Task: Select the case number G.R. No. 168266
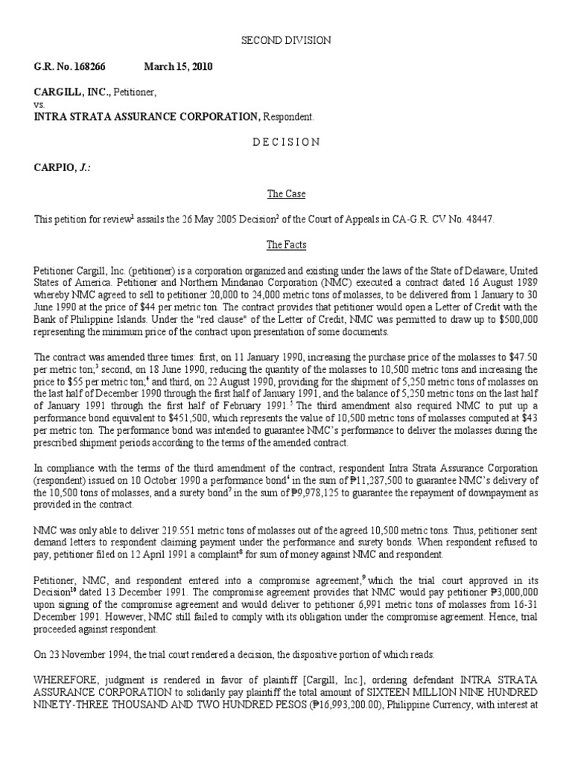click(x=70, y=67)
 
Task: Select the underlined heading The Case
click(x=286, y=193)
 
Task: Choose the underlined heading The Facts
click(x=286, y=245)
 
